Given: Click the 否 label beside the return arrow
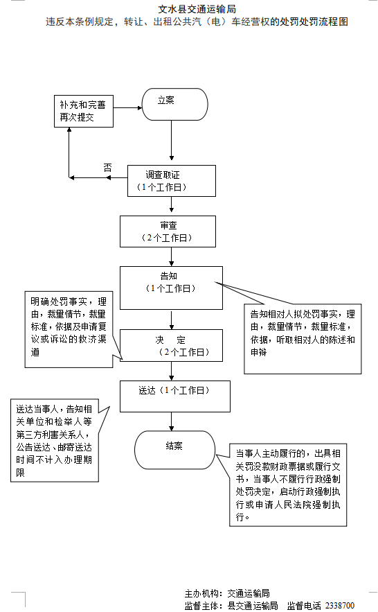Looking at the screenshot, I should (x=107, y=168).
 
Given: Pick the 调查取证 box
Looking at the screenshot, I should (x=172, y=181).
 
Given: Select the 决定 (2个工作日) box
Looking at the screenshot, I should (x=172, y=346).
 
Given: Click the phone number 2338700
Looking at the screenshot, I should (x=339, y=605).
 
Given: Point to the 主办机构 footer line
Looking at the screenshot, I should (x=226, y=593).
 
